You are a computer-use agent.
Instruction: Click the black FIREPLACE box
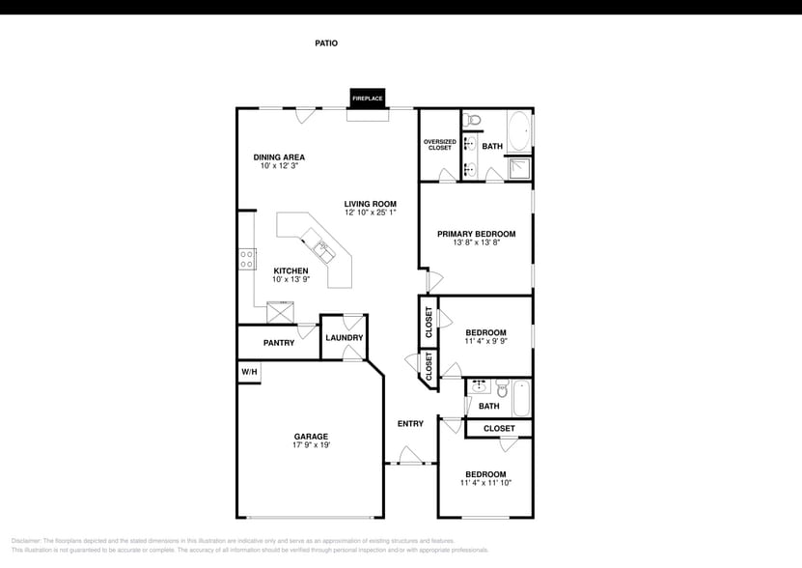click(367, 99)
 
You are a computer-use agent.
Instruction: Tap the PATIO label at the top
click(326, 43)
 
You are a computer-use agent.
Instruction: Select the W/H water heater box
click(249, 372)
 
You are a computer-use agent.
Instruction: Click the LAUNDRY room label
click(344, 338)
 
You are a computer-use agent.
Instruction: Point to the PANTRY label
click(279, 343)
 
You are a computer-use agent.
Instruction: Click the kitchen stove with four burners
click(247, 258)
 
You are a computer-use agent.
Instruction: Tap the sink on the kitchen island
click(324, 249)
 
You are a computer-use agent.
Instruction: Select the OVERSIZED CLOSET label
click(439, 145)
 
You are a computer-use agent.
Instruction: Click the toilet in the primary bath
click(472, 120)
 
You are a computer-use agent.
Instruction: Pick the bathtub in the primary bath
click(519, 128)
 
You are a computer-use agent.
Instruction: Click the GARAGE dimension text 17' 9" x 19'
click(312, 445)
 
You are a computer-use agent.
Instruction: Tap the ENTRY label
click(410, 424)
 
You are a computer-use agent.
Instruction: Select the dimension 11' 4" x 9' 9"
click(485, 341)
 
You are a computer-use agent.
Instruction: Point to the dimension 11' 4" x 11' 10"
click(485, 483)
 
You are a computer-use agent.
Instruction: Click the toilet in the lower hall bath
click(502, 389)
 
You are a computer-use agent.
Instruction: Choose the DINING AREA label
click(279, 157)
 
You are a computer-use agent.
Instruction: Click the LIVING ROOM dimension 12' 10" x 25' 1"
click(371, 212)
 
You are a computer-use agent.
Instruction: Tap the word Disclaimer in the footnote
click(26, 541)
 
